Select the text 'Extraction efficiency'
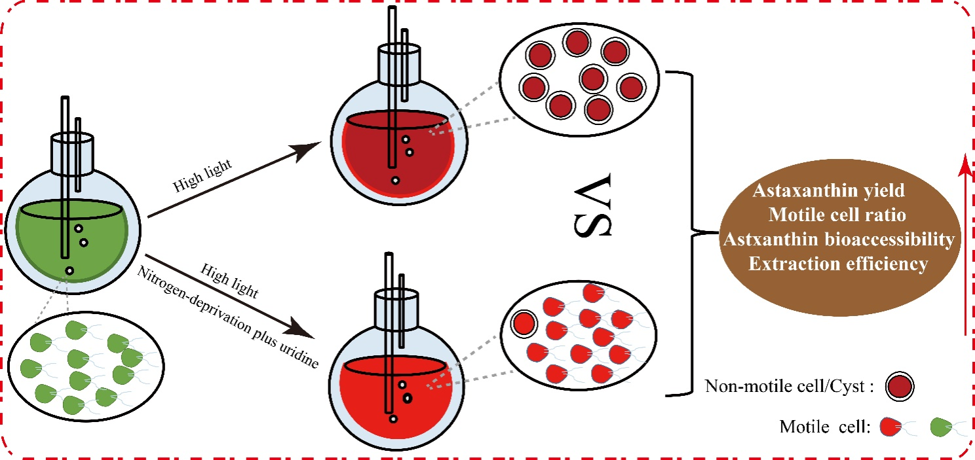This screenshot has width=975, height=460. click(838, 264)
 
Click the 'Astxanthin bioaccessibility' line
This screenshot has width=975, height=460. click(837, 239)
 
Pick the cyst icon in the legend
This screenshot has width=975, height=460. click(899, 386)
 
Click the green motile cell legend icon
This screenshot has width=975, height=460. click(942, 429)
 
